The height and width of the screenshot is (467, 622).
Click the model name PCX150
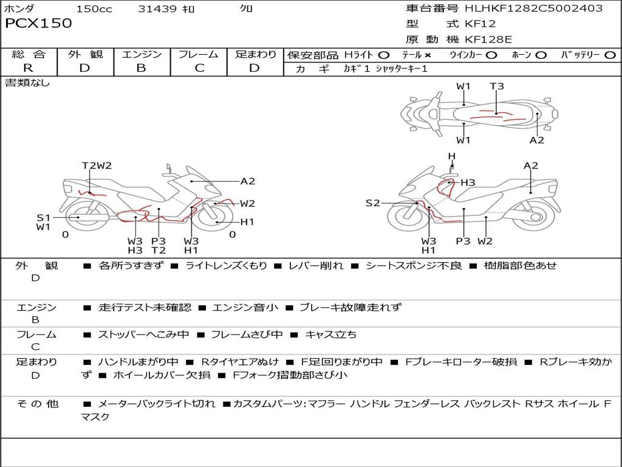tap(38, 24)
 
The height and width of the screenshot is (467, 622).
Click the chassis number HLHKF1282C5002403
tap(533, 9)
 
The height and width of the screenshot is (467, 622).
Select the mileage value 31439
tap(157, 9)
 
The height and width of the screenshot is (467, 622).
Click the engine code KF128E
tap(488, 40)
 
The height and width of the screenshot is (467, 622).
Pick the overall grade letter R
tap(28, 68)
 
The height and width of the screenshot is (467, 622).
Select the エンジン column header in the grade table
tap(142, 55)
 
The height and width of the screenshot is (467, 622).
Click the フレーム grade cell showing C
tap(199, 68)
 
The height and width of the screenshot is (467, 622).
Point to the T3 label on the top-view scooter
tap(497, 86)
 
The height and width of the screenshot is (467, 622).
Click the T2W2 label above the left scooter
tap(97, 165)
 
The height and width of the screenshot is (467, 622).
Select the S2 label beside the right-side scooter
tap(372, 203)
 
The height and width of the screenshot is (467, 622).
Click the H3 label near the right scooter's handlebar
tap(468, 182)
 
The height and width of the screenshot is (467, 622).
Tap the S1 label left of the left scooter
tap(43, 217)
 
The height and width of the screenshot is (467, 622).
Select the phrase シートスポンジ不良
tap(413, 266)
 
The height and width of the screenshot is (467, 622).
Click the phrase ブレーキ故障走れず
tap(350, 308)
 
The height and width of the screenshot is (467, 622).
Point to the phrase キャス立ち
tap(330, 334)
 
